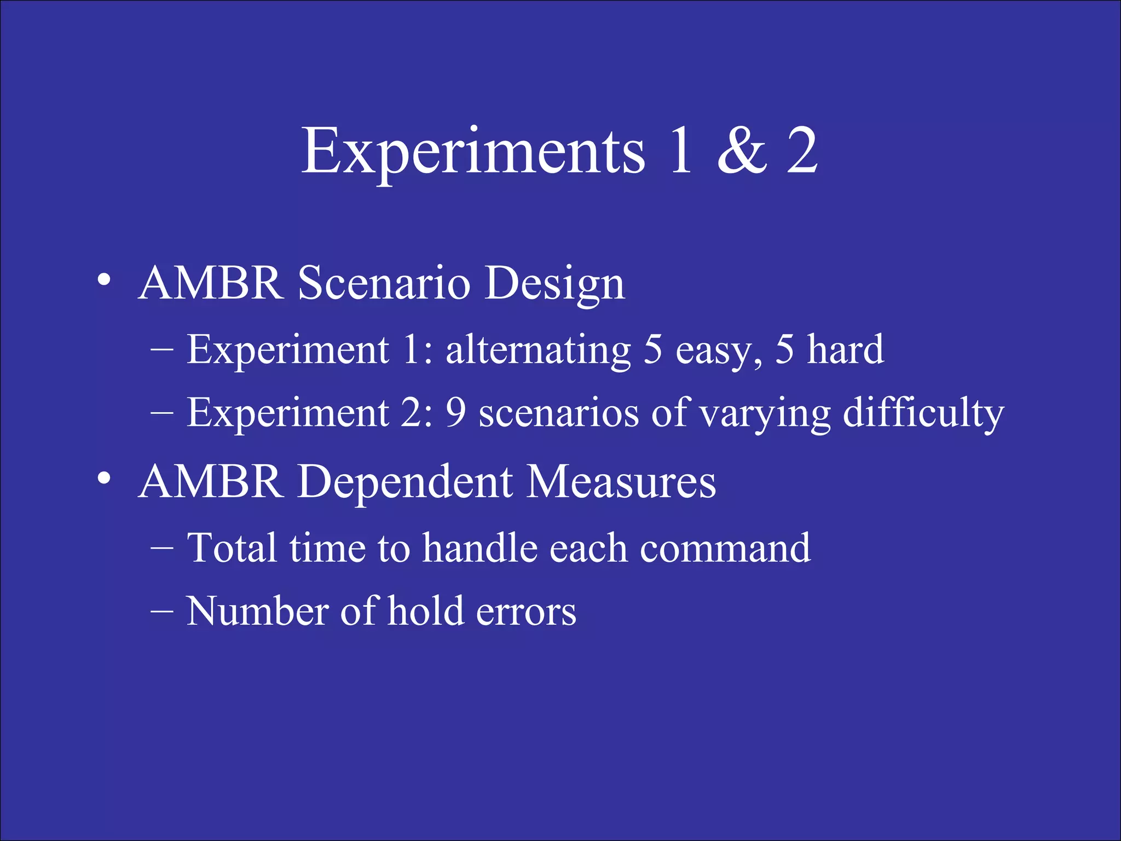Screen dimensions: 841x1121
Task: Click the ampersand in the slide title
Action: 742,151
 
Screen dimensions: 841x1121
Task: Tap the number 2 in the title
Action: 802,151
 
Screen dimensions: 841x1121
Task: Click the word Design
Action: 554,285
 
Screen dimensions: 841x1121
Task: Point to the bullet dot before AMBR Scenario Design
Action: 103,281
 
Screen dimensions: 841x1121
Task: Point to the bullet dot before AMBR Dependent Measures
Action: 103,479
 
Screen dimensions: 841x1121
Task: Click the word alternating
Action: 538,350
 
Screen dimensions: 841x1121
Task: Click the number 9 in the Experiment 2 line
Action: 455,413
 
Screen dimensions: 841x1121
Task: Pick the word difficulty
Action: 923,413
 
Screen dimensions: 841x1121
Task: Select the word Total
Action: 232,548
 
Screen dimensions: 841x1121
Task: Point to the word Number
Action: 257,611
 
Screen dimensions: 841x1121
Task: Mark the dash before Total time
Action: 163,548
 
